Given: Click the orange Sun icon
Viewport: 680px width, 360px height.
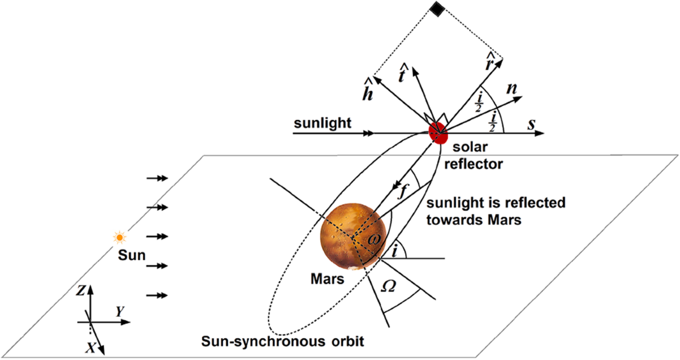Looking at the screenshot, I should [x=119, y=237].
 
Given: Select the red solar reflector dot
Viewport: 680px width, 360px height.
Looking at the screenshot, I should [x=437, y=132].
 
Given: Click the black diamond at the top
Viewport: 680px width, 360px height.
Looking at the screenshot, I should [x=436, y=8].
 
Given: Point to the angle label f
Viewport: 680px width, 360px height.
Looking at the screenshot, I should [x=402, y=191].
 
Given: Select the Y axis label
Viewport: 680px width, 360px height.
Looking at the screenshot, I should [x=120, y=311].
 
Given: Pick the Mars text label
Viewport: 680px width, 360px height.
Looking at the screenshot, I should [x=325, y=279].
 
